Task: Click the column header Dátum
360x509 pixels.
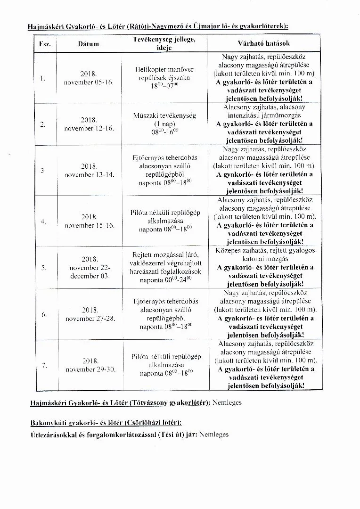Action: (89, 44)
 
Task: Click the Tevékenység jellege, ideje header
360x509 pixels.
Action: (164, 44)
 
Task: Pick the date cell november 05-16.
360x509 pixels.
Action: (89, 78)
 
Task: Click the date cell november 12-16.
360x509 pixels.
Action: (89, 124)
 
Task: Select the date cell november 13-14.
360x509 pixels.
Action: (89, 170)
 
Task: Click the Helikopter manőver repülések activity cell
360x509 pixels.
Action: (164, 78)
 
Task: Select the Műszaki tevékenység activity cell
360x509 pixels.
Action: (164, 124)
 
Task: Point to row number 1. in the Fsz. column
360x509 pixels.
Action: (43, 78)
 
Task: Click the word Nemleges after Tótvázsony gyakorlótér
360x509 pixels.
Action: (227, 403)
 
